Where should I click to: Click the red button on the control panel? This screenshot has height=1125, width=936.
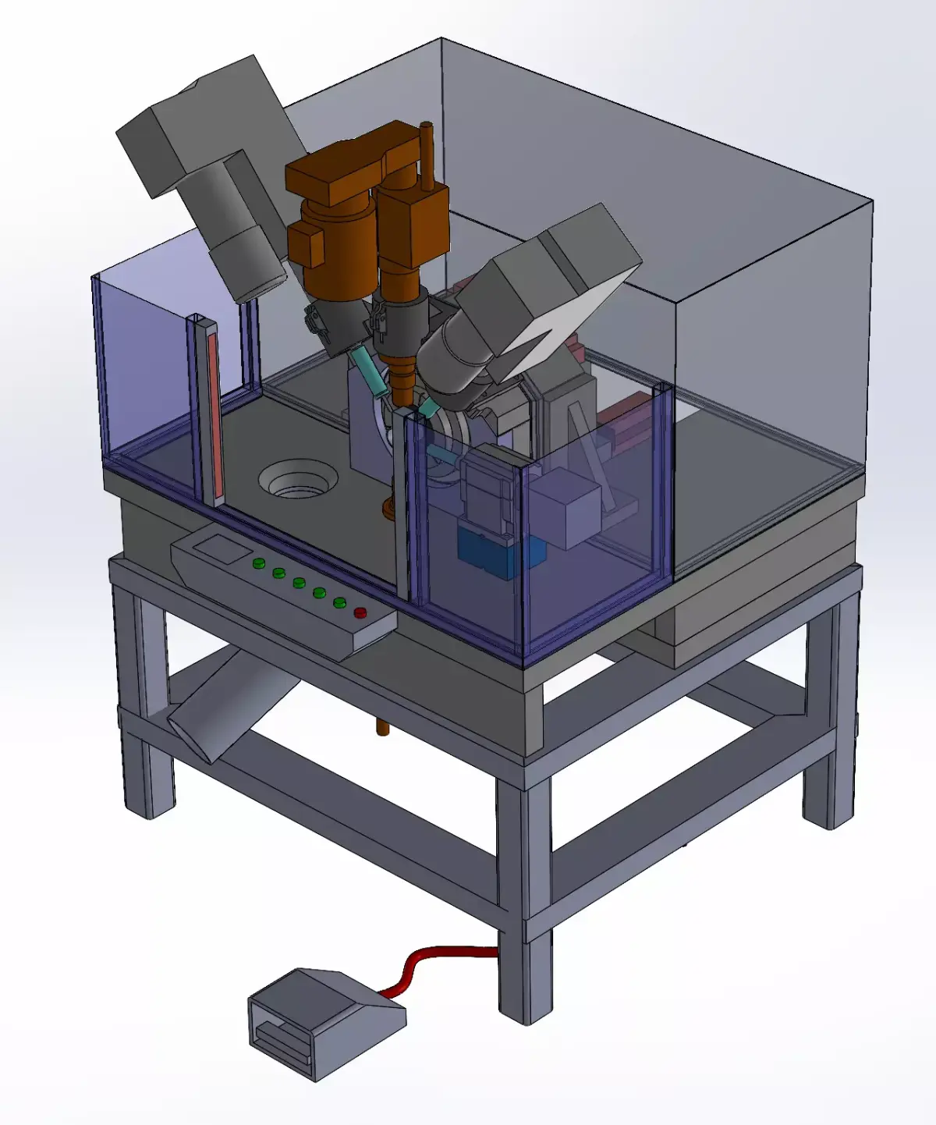click(360, 612)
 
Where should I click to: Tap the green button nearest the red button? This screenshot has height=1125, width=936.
click(339, 602)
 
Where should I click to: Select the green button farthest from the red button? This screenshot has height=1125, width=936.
click(258, 563)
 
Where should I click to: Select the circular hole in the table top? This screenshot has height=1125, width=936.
click(298, 479)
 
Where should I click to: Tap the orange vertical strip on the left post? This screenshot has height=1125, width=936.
click(215, 413)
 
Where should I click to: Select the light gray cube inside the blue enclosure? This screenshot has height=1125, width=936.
click(566, 508)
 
